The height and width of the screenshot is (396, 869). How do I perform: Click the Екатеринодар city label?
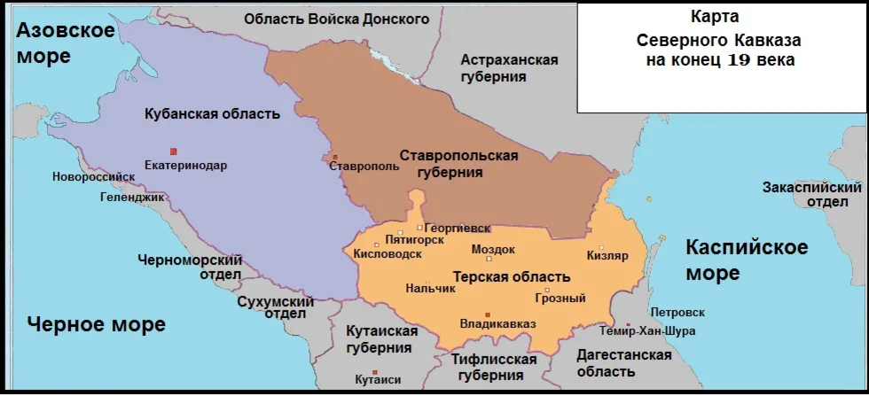[185, 166]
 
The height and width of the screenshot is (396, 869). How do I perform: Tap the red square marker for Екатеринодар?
[174, 151]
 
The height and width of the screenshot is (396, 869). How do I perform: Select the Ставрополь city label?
[358, 166]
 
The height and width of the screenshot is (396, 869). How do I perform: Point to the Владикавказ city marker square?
[488, 314]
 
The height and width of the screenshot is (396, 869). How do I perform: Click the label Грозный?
[560, 299]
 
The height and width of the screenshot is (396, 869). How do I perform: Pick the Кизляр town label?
[607, 256]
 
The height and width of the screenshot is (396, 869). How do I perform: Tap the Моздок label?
[494, 249]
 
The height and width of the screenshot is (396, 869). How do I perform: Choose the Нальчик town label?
[430, 288]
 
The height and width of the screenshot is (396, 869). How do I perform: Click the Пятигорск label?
[415, 240]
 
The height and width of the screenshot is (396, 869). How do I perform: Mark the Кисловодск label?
[388, 254]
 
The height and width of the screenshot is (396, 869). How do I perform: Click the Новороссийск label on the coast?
[88, 176]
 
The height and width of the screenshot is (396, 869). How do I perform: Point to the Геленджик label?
[131, 198]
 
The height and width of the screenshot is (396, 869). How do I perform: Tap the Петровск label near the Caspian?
[677, 313]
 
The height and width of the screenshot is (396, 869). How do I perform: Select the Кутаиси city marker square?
[375, 373]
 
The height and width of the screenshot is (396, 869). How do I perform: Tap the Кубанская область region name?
[212, 114]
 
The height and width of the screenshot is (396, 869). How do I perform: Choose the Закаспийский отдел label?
[812, 194]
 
